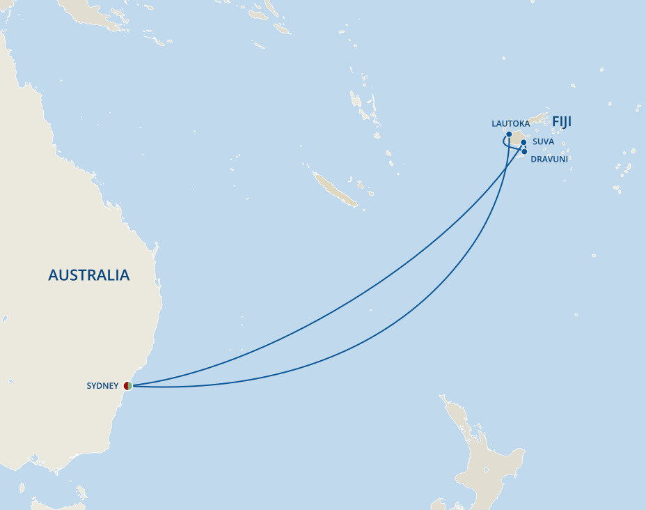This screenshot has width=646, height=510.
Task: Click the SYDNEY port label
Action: point(102,386)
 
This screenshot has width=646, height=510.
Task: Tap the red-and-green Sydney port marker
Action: point(128,385)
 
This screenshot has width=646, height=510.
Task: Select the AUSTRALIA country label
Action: point(88,275)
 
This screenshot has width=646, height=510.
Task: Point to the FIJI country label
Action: point(562,123)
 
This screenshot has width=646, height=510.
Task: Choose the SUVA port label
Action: point(543,141)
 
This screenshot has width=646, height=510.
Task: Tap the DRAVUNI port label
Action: point(549,159)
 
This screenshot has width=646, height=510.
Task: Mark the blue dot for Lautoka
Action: point(510,134)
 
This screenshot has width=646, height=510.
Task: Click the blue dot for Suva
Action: point(523,142)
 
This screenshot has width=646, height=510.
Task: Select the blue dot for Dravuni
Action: point(524,151)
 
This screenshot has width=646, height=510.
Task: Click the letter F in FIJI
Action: point(556,123)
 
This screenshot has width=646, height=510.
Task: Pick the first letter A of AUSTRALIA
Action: point(53,275)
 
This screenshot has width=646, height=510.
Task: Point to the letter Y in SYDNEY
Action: point(94,386)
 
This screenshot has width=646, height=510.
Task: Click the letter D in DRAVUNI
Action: point(533,159)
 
